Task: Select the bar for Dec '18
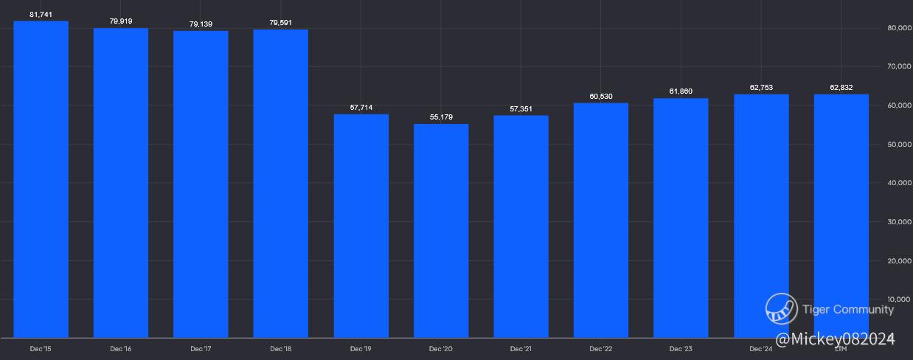280,184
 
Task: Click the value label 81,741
41,15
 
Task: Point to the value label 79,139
201,24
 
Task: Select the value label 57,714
361,108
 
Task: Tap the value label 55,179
441,117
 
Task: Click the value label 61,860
681,91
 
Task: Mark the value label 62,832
841,88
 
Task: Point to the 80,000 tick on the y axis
898,28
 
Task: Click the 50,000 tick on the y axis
898,145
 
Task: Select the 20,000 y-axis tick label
898,261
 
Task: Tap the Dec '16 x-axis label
121,348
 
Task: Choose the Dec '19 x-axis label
361,348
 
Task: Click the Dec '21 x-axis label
521,348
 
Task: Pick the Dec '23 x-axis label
681,348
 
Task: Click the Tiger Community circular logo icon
781,309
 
